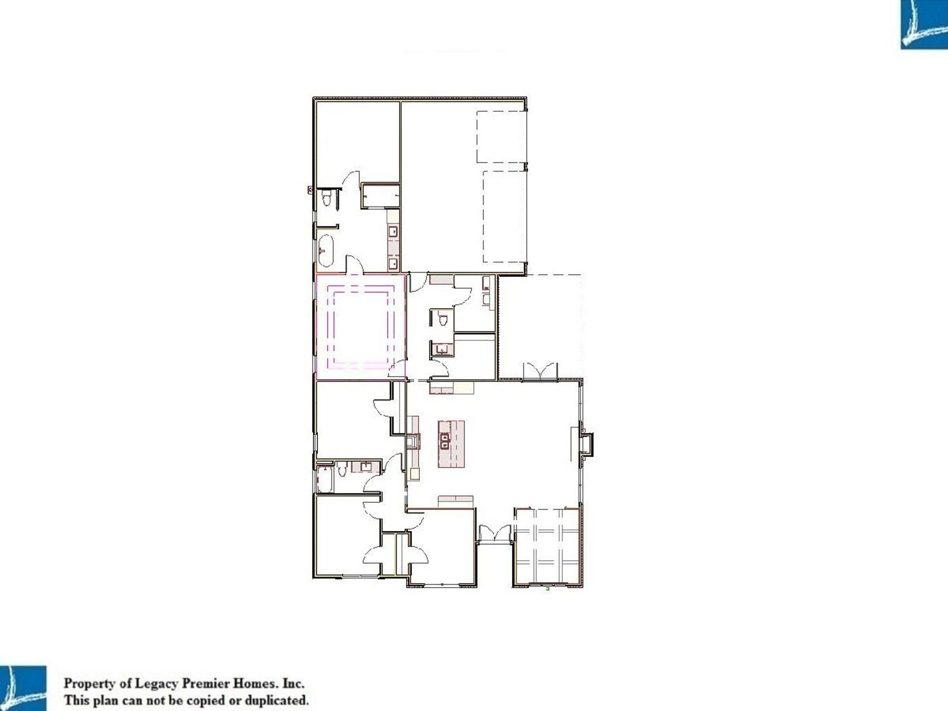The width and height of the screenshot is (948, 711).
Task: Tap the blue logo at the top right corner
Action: coord(924,25)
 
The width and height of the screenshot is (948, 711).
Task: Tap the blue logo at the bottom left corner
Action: coord(23,688)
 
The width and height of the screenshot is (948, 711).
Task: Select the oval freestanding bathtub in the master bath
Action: coord(325,251)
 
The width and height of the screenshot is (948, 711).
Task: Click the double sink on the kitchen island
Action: coord(445,441)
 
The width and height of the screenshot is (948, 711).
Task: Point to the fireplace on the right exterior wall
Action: coord(586,444)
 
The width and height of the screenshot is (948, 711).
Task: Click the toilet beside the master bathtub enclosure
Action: coord(326,198)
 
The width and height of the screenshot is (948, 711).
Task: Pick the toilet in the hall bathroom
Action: coord(342,468)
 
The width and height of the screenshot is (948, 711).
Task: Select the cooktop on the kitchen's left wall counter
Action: coord(413,443)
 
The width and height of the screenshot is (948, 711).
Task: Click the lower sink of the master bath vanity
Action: coord(393,264)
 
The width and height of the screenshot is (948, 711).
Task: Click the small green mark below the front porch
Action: coord(548,589)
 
